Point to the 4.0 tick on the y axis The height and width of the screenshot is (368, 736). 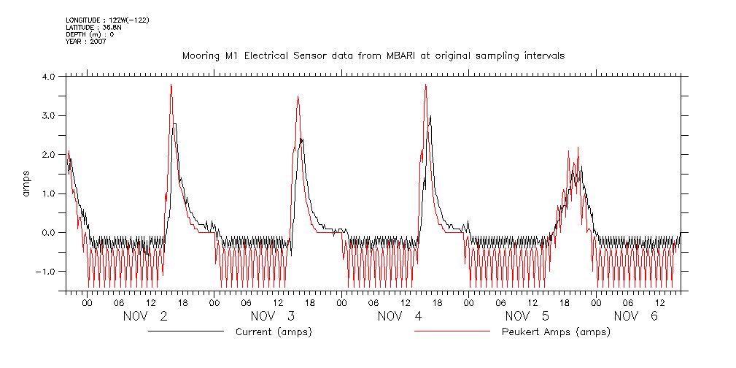click(x=48, y=77)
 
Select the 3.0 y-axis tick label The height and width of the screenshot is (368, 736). click(x=48, y=115)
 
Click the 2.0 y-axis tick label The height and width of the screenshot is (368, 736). click(x=48, y=155)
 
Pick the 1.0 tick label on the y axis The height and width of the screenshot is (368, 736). click(x=48, y=193)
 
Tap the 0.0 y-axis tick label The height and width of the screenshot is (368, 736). click(x=48, y=233)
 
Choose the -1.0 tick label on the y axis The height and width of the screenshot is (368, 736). click(x=46, y=272)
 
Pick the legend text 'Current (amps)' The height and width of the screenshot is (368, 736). click(x=274, y=332)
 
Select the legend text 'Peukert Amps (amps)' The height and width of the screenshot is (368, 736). click(x=556, y=332)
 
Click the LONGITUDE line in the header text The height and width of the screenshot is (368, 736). click(x=107, y=20)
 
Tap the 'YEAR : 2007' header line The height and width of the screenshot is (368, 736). click(x=86, y=42)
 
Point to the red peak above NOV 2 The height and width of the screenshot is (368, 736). click(x=171, y=85)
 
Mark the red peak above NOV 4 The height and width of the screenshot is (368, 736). click(x=425, y=85)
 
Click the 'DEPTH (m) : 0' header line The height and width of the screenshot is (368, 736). click(x=90, y=34)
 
